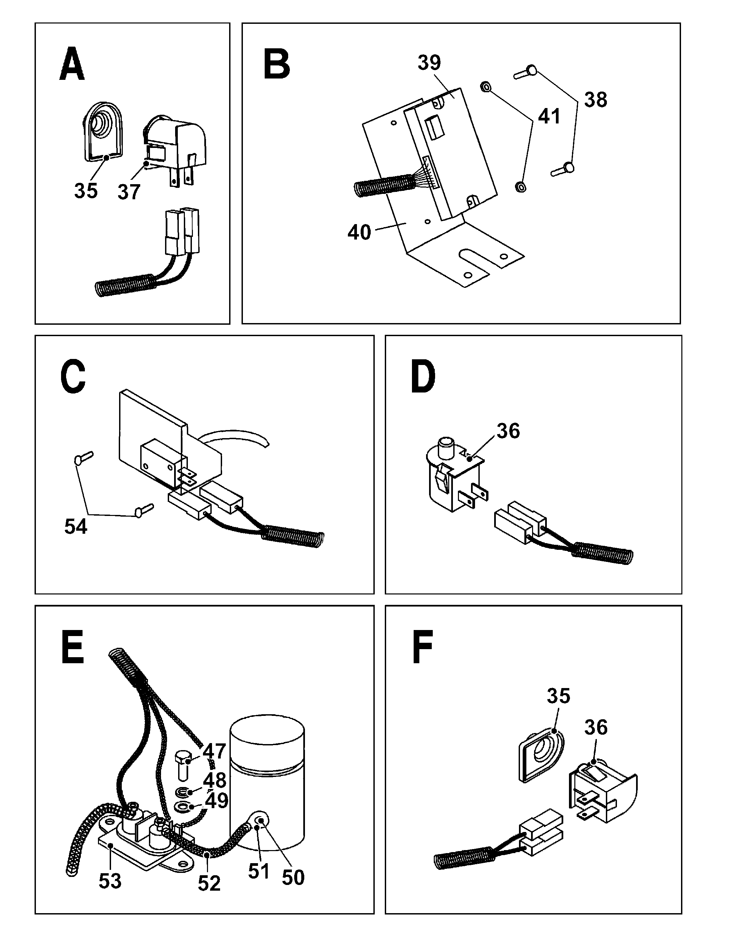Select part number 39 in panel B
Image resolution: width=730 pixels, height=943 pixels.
[429, 63]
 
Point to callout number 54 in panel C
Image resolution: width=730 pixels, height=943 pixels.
[75, 526]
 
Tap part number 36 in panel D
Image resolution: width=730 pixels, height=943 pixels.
[508, 431]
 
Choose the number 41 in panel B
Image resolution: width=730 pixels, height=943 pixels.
[549, 116]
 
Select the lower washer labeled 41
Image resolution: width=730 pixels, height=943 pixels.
[521, 187]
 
